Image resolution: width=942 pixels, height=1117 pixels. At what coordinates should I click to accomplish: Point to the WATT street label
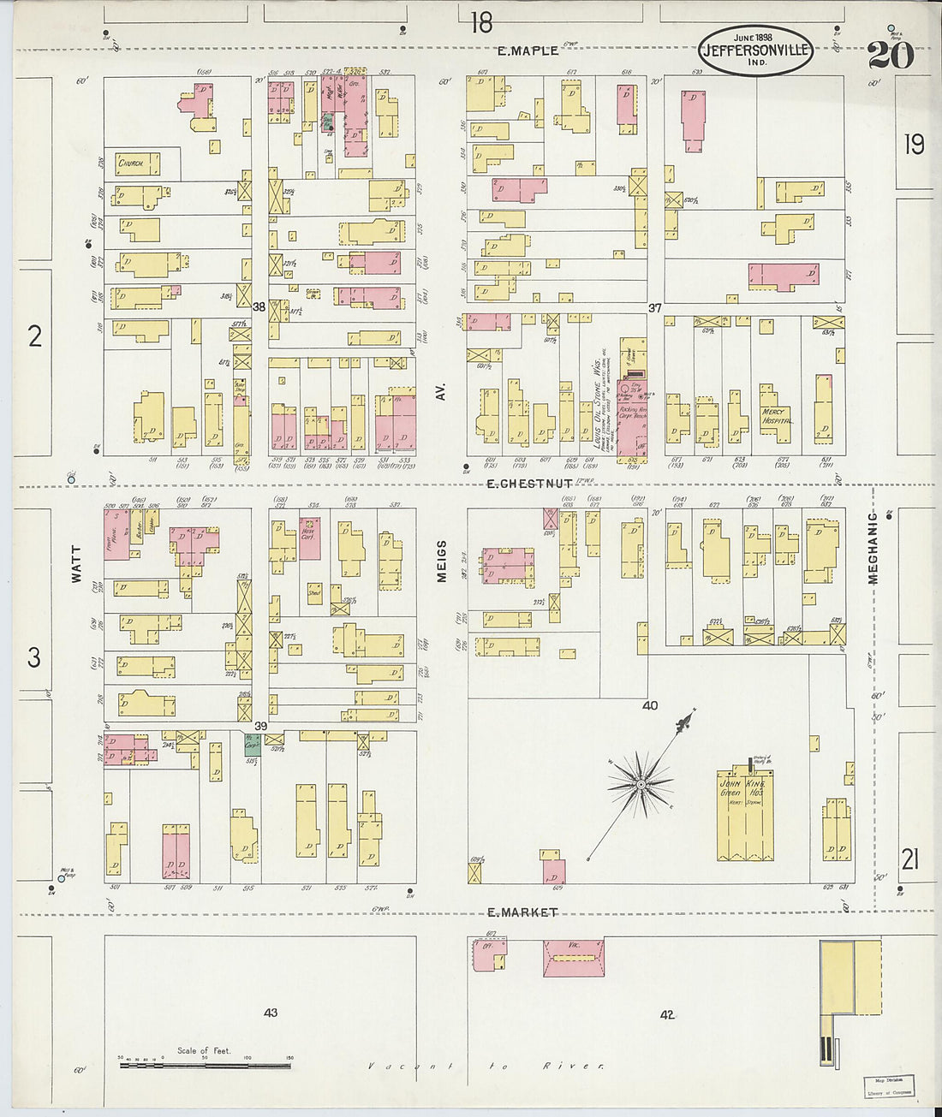76,566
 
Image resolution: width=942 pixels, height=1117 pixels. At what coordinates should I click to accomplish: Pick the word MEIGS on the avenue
442,561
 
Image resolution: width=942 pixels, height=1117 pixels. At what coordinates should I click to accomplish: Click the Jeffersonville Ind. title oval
755,50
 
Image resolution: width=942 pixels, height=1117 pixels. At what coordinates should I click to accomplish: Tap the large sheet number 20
890,55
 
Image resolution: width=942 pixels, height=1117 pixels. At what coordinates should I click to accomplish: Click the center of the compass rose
640,783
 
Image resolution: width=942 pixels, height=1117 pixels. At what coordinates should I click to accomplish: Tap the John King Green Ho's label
742,787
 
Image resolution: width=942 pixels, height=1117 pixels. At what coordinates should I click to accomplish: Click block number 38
258,306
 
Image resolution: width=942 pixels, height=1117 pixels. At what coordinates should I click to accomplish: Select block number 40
650,705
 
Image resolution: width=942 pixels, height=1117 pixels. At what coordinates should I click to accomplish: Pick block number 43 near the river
271,1013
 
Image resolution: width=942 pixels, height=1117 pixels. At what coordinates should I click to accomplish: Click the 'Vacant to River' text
486,1066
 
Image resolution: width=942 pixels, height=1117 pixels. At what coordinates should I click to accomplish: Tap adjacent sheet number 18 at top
481,21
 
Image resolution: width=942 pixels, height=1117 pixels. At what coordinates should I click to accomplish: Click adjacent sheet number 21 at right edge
909,858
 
